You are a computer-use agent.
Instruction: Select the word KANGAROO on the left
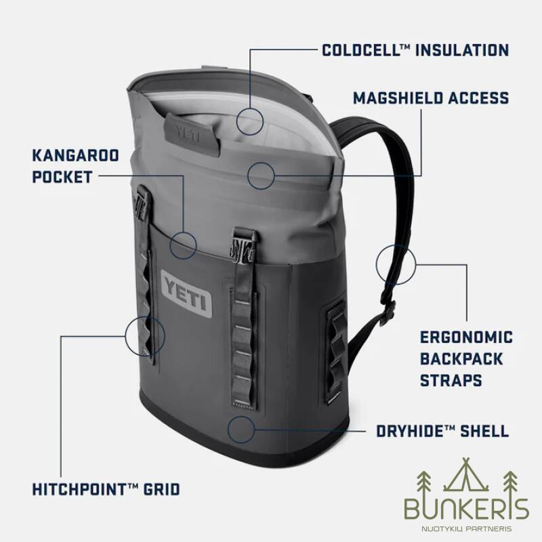[x=75, y=155]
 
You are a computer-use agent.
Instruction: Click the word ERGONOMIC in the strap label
[x=466, y=337]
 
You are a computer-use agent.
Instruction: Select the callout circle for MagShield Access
[x=262, y=175]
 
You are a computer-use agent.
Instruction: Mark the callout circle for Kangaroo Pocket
[x=183, y=244]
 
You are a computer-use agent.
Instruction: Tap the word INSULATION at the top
[x=463, y=50]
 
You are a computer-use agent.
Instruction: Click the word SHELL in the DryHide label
[x=483, y=431]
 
